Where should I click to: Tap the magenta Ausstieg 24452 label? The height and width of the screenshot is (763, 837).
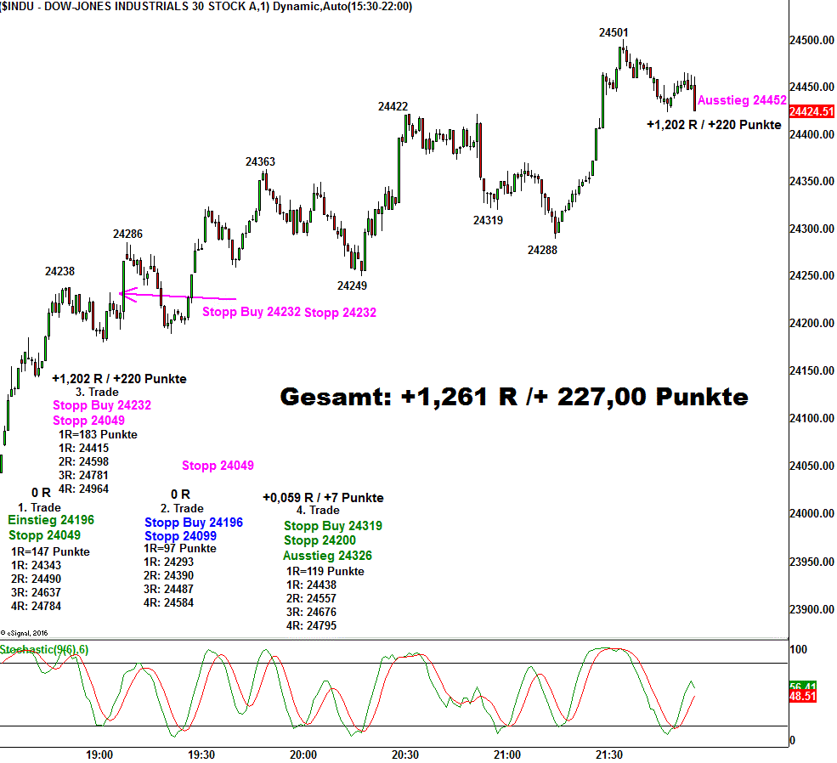click(x=742, y=100)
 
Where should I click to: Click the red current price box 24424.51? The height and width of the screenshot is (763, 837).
click(x=812, y=111)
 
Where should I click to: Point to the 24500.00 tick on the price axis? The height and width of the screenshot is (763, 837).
click(x=812, y=41)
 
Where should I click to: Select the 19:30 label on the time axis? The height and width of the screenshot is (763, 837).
click(x=201, y=755)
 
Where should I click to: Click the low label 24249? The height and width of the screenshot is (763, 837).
click(x=352, y=285)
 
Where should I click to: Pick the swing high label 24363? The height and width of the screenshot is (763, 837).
click(x=260, y=161)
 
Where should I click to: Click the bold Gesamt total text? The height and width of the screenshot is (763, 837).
click(x=514, y=397)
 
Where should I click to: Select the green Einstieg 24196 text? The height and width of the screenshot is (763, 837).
click(x=51, y=520)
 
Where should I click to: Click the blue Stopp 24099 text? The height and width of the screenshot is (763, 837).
click(x=180, y=536)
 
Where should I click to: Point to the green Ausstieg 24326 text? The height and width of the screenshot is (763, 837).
click(x=327, y=556)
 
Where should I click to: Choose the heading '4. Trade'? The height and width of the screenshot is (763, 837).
click(x=318, y=510)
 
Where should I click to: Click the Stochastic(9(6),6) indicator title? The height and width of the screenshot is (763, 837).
click(x=44, y=650)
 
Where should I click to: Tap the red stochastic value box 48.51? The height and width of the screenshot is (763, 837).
click(x=803, y=696)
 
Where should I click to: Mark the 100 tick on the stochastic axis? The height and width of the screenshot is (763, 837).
click(x=800, y=650)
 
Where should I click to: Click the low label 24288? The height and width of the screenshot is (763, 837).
click(x=542, y=250)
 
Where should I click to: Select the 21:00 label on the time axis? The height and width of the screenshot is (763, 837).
click(x=506, y=755)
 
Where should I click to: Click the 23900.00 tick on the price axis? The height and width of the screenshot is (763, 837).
click(x=812, y=609)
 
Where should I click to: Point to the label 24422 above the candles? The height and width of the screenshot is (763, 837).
click(x=393, y=106)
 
